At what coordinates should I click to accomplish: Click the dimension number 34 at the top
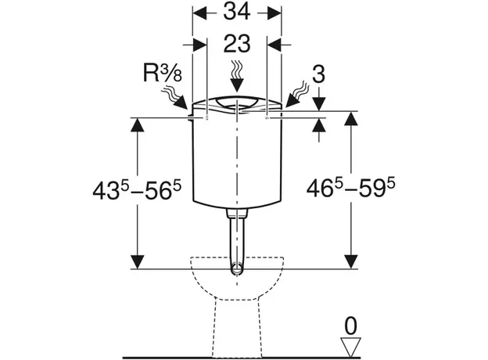pyautogui.click(x=237, y=13)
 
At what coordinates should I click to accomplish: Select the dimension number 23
pyautogui.click(x=237, y=44)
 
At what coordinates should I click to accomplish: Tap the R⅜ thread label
pyautogui.click(x=162, y=74)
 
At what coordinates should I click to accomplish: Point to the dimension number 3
pyautogui.click(x=318, y=75)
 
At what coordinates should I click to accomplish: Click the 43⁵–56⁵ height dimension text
pyautogui.click(x=137, y=190)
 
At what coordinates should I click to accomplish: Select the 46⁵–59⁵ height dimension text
pyautogui.click(x=350, y=188)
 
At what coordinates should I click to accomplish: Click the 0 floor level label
pyautogui.click(x=350, y=326)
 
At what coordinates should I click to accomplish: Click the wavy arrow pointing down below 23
pyautogui.click(x=237, y=76)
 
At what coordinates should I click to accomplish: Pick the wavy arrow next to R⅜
pyautogui.click(x=174, y=98)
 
